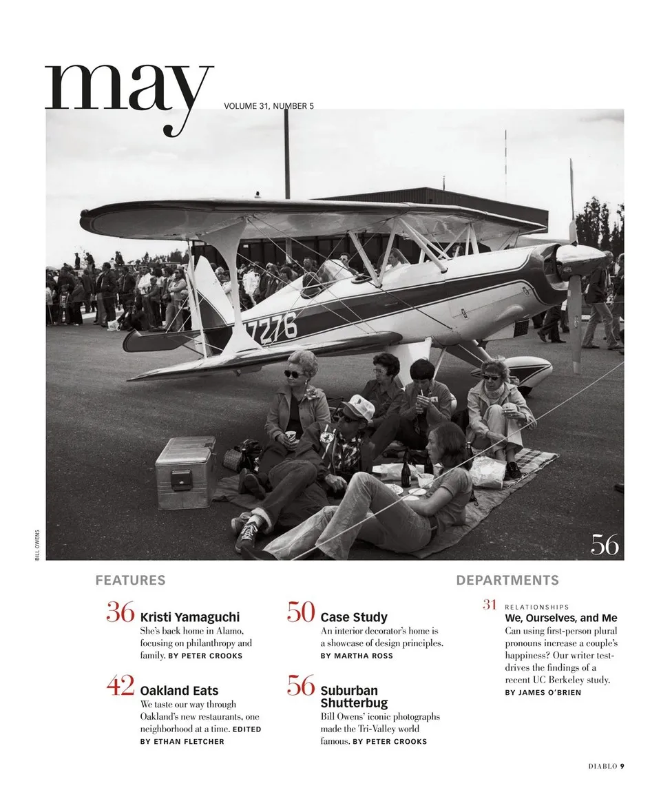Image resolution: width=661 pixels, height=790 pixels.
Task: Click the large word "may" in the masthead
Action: pos(129,93)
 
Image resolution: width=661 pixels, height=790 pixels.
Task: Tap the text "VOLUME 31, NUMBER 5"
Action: pos(269,106)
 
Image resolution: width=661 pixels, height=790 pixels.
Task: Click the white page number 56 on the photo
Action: pos(605,545)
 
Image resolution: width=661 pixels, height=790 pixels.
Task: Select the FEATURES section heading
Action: pos(130,580)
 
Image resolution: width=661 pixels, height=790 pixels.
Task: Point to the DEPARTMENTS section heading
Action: pos(507,580)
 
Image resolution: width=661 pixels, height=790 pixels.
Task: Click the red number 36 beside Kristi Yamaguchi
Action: pos(120,612)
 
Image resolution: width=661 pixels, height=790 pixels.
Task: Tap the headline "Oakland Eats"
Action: pos(179,690)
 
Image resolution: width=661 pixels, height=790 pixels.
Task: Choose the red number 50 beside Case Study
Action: pos(301,612)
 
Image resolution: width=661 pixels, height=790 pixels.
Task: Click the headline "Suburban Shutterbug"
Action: pos(354,696)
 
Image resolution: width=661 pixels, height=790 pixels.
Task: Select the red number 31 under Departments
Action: pos(490,605)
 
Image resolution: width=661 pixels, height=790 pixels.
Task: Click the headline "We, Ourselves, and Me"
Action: pos(561,618)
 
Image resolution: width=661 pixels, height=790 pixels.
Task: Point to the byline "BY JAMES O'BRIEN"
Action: pos(543,692)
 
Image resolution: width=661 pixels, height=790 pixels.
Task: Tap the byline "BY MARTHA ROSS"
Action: pos(357,656)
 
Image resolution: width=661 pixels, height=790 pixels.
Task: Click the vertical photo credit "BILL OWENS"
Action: pos(37,544)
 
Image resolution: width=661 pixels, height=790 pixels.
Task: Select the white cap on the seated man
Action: pos(358,407)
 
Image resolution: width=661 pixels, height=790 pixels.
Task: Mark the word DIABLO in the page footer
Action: pos(602,765)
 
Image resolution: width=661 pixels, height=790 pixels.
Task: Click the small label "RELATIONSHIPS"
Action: pos(537,607)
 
